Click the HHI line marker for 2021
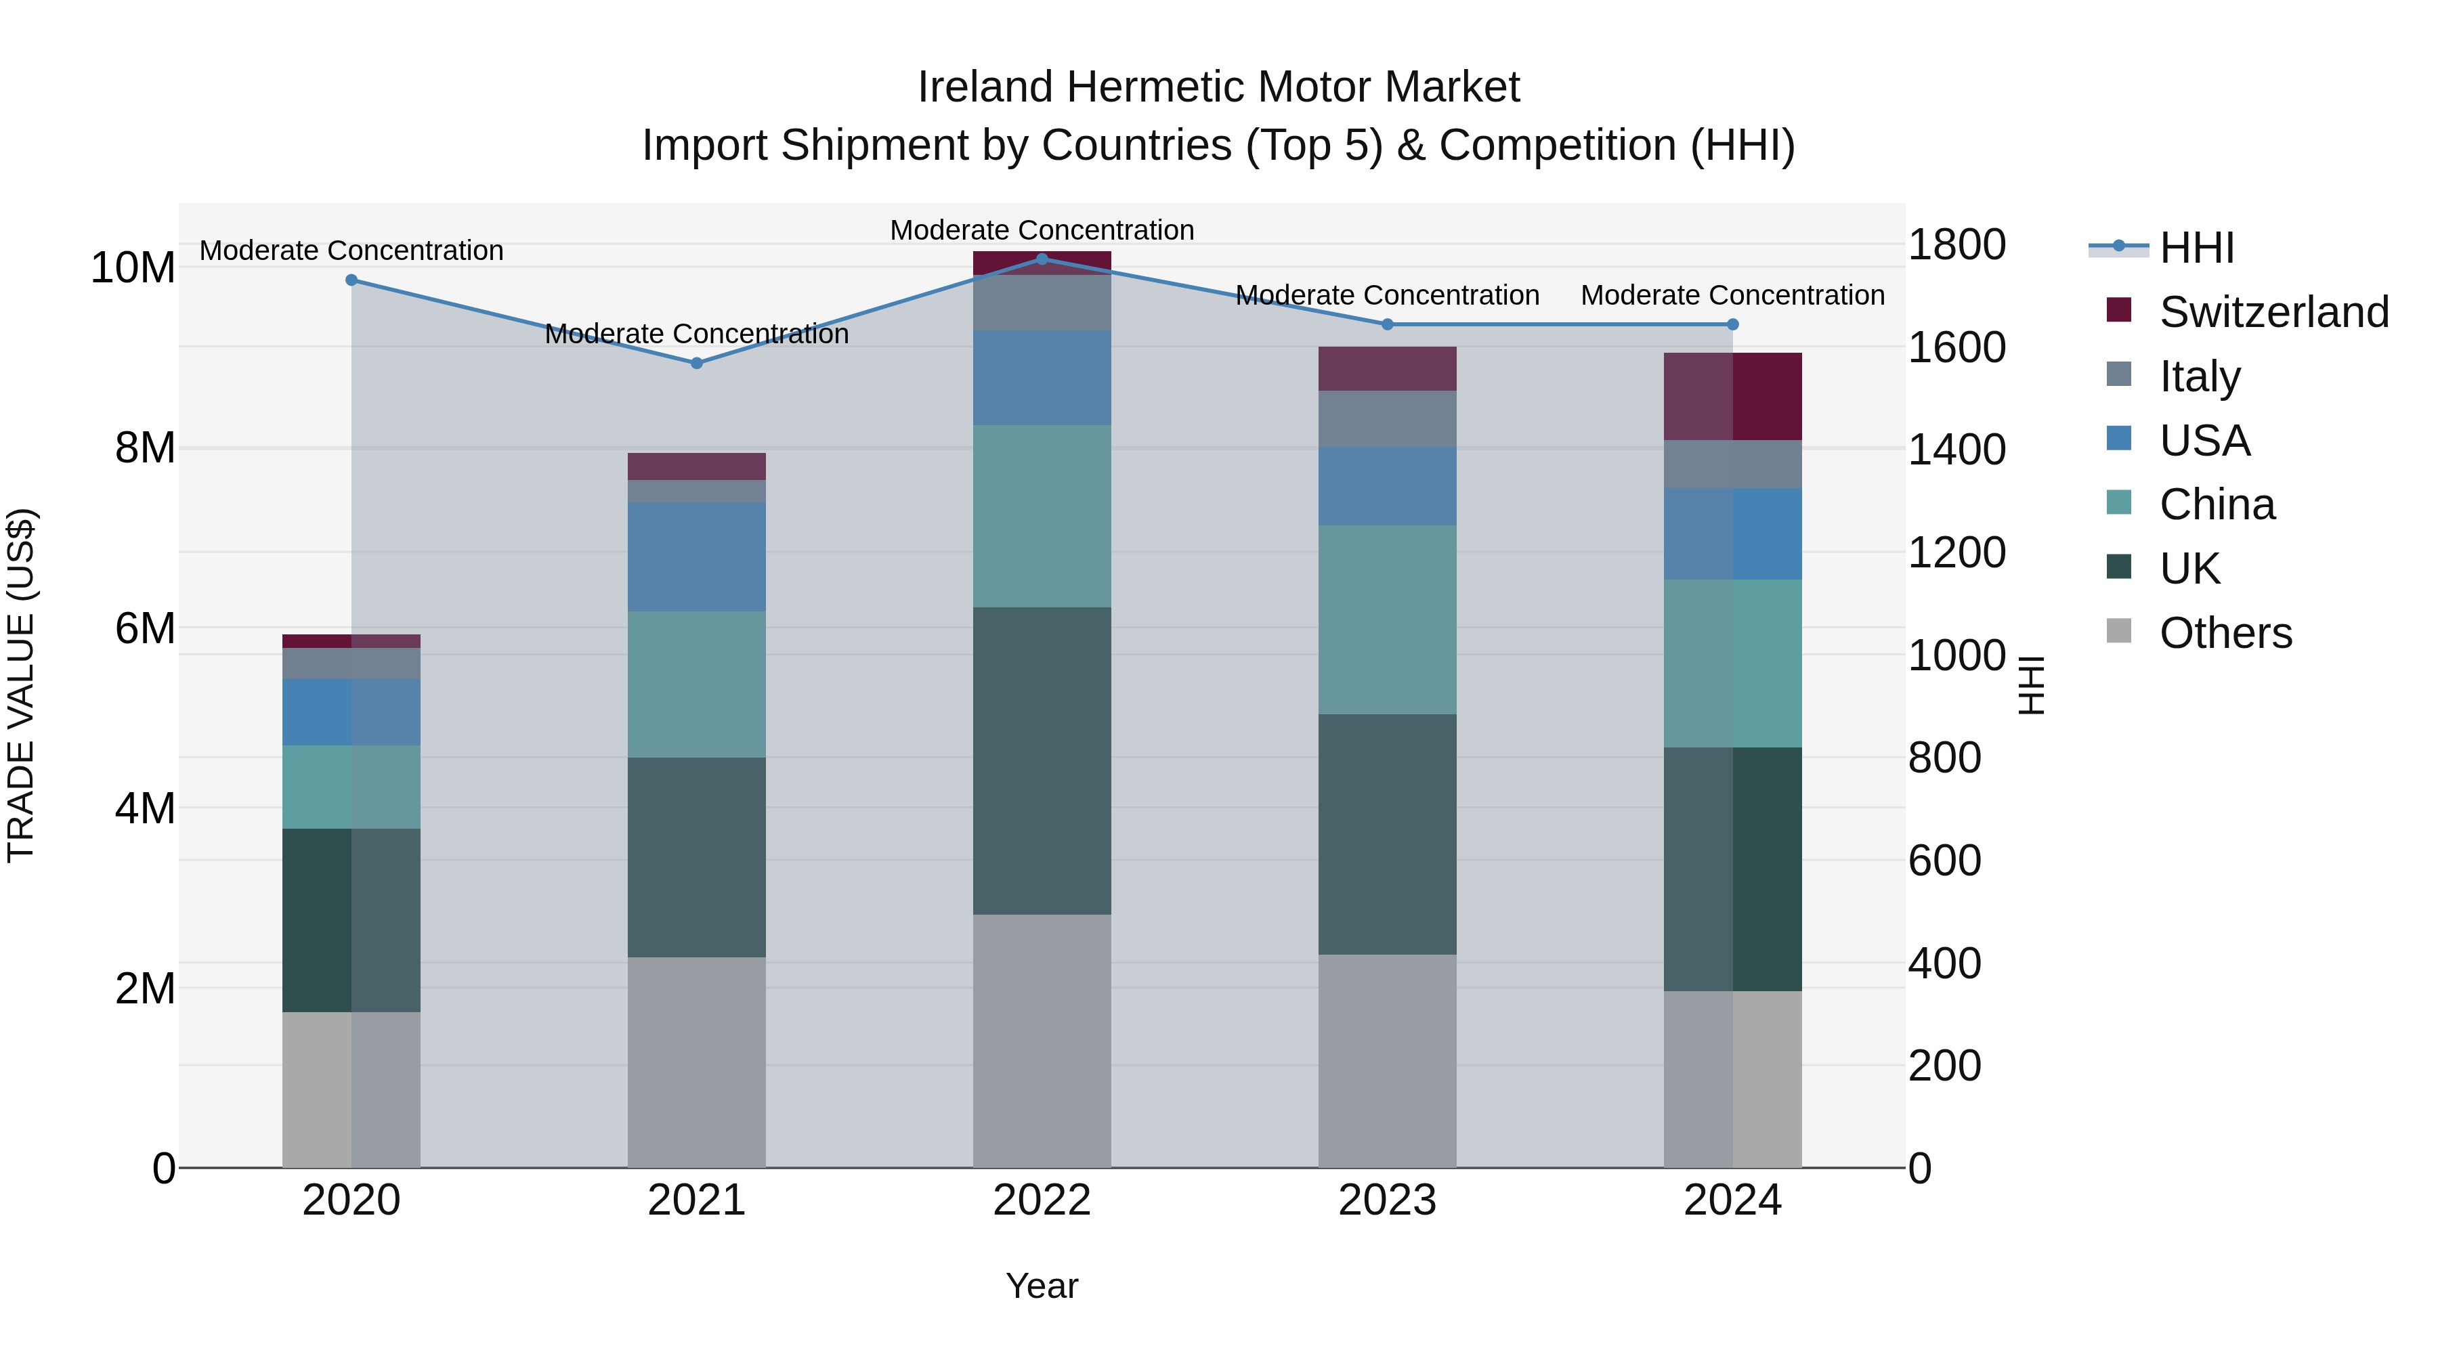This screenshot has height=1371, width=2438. click(697, 364)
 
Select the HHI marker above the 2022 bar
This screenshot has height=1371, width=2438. click(1042, 259)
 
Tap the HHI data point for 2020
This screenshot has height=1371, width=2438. click(351, 280)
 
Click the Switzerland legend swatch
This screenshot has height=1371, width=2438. click(2118, 310)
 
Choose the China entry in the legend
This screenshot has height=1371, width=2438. click(2217, 504)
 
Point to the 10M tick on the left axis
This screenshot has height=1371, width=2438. click(133, 267)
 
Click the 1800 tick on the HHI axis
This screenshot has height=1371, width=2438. click(1955, 245)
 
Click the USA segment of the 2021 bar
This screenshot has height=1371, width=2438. click(697, 557)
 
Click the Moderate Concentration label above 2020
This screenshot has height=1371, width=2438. click(351, 251)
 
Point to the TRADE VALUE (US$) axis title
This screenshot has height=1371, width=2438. click(21, 685)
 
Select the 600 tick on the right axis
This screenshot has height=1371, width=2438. click(1944, 861)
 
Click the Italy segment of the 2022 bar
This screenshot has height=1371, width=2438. click(1042, 303)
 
